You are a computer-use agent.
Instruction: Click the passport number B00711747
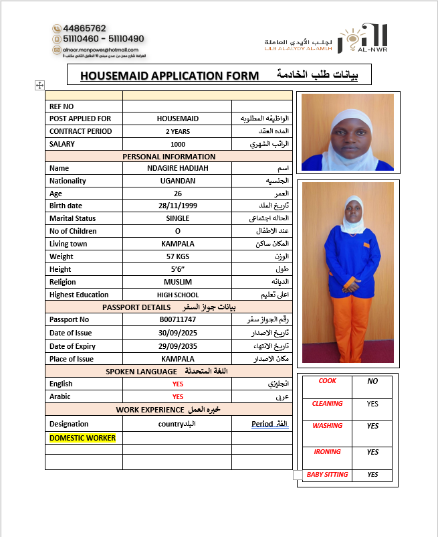coord(178,319)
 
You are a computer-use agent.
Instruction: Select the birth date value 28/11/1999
coord(177,206)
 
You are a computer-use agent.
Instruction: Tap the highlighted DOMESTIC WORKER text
coord(82,438)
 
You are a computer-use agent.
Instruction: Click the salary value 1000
coord(178,144)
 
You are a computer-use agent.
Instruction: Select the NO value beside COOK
coord(372,381)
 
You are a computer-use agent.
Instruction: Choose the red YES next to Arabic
coord(178,396)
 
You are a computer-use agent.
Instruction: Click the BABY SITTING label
coord(327,475)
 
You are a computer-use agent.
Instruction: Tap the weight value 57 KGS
coord(178,256)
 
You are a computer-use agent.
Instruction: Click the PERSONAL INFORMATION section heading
coord(169,157)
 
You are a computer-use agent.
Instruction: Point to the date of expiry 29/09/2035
coord(178,346)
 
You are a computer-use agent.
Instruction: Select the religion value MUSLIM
coord(178,282)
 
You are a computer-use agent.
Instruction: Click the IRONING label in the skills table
coord(327,452)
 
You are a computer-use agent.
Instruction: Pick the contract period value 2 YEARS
coord(178,131)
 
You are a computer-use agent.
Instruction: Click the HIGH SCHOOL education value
coord(178,295)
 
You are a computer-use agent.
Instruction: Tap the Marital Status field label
coord(72,218)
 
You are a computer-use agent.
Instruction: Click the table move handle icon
coord(39,85)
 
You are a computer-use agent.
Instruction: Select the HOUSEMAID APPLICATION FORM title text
coord(169,76)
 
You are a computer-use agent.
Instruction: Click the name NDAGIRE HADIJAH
coord(178,168)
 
